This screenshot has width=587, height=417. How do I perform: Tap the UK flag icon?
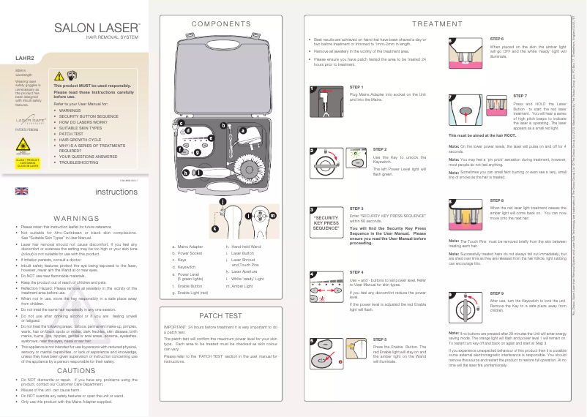point(21,191)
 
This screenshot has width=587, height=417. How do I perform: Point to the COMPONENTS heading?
point(220,24)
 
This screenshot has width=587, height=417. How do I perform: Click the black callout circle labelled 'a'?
point(242,130)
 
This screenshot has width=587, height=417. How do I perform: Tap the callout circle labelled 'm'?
point(272,216)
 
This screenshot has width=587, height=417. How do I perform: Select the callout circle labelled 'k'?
point(215,229)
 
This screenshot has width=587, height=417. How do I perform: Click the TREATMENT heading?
point(436,24)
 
